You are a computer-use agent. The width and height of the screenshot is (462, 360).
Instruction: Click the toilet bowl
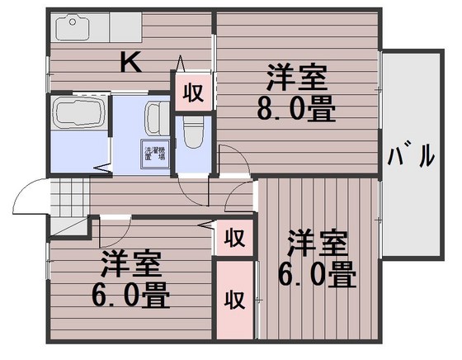click(193, 130)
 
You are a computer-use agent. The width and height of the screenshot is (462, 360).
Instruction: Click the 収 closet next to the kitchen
click(193, 92)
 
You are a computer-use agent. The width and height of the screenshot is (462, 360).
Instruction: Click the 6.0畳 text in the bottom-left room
click(130, 294)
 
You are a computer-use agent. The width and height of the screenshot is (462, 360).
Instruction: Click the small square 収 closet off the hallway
click(235, 239)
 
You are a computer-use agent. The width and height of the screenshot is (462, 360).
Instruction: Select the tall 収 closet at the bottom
click(235, 299)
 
